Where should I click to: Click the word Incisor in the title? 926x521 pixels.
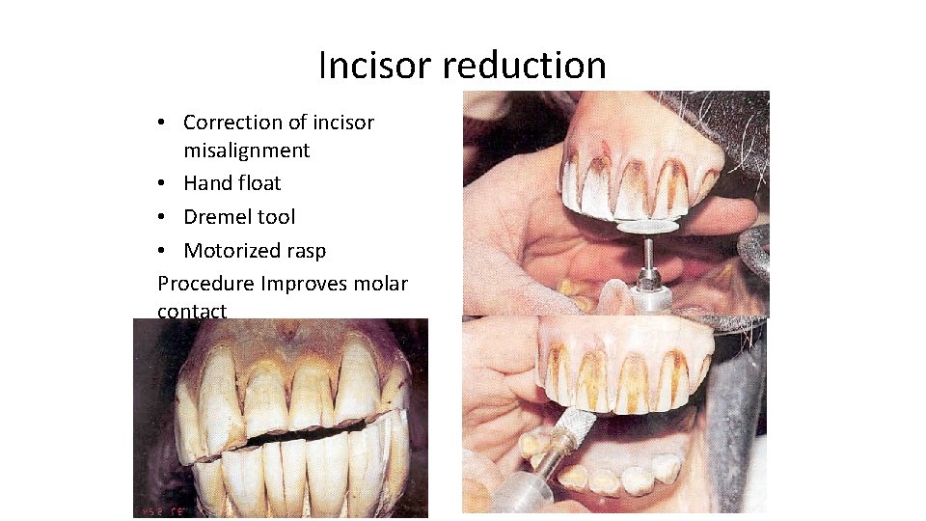tap(375, 66)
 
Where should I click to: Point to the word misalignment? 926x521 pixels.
tap(247, 151)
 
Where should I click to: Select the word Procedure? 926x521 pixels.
tap(205, 284)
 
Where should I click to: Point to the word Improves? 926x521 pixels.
tap(304, 284)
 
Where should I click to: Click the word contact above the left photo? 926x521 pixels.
tap(192, 311)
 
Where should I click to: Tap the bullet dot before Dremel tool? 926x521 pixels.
tap(167, 217)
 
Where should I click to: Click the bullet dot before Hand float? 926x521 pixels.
tap(167, 183)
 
